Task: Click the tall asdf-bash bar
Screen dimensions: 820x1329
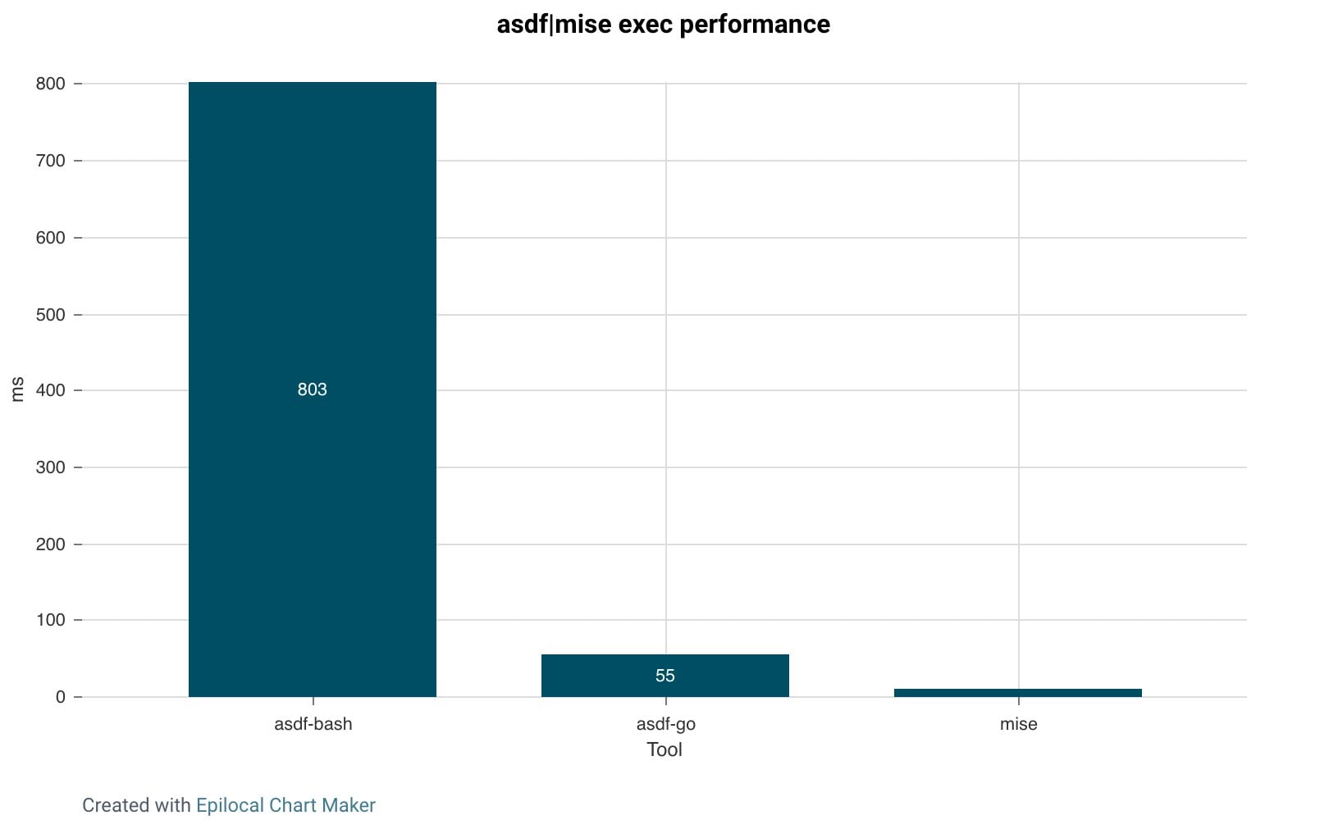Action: (312, 246)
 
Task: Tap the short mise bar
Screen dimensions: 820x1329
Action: (1017, 693)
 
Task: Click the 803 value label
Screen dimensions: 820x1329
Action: (312, 389)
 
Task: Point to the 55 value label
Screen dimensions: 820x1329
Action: (664, 676)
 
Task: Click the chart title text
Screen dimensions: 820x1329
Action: (663, 25)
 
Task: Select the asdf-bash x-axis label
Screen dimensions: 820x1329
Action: (313, 724)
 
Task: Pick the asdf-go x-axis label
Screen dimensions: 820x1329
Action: (665, 724)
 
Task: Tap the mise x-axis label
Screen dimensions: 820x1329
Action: (1018, 724)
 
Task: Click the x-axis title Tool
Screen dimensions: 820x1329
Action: (664, 749)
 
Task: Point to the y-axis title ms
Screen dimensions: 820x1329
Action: (17, 389)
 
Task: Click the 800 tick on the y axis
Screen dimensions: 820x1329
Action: (50, 84)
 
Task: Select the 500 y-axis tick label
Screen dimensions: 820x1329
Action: (50, 315)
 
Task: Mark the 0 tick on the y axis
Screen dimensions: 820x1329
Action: (60, 697)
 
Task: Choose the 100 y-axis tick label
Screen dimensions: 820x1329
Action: (50, 620)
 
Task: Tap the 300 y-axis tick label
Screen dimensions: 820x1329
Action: (50, 467)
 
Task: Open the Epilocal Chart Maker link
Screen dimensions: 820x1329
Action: (285, 805)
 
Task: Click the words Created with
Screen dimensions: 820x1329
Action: (136, 805)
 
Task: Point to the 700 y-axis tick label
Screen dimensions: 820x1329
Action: (50, 161)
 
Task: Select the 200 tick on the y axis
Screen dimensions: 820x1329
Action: (50, 544)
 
